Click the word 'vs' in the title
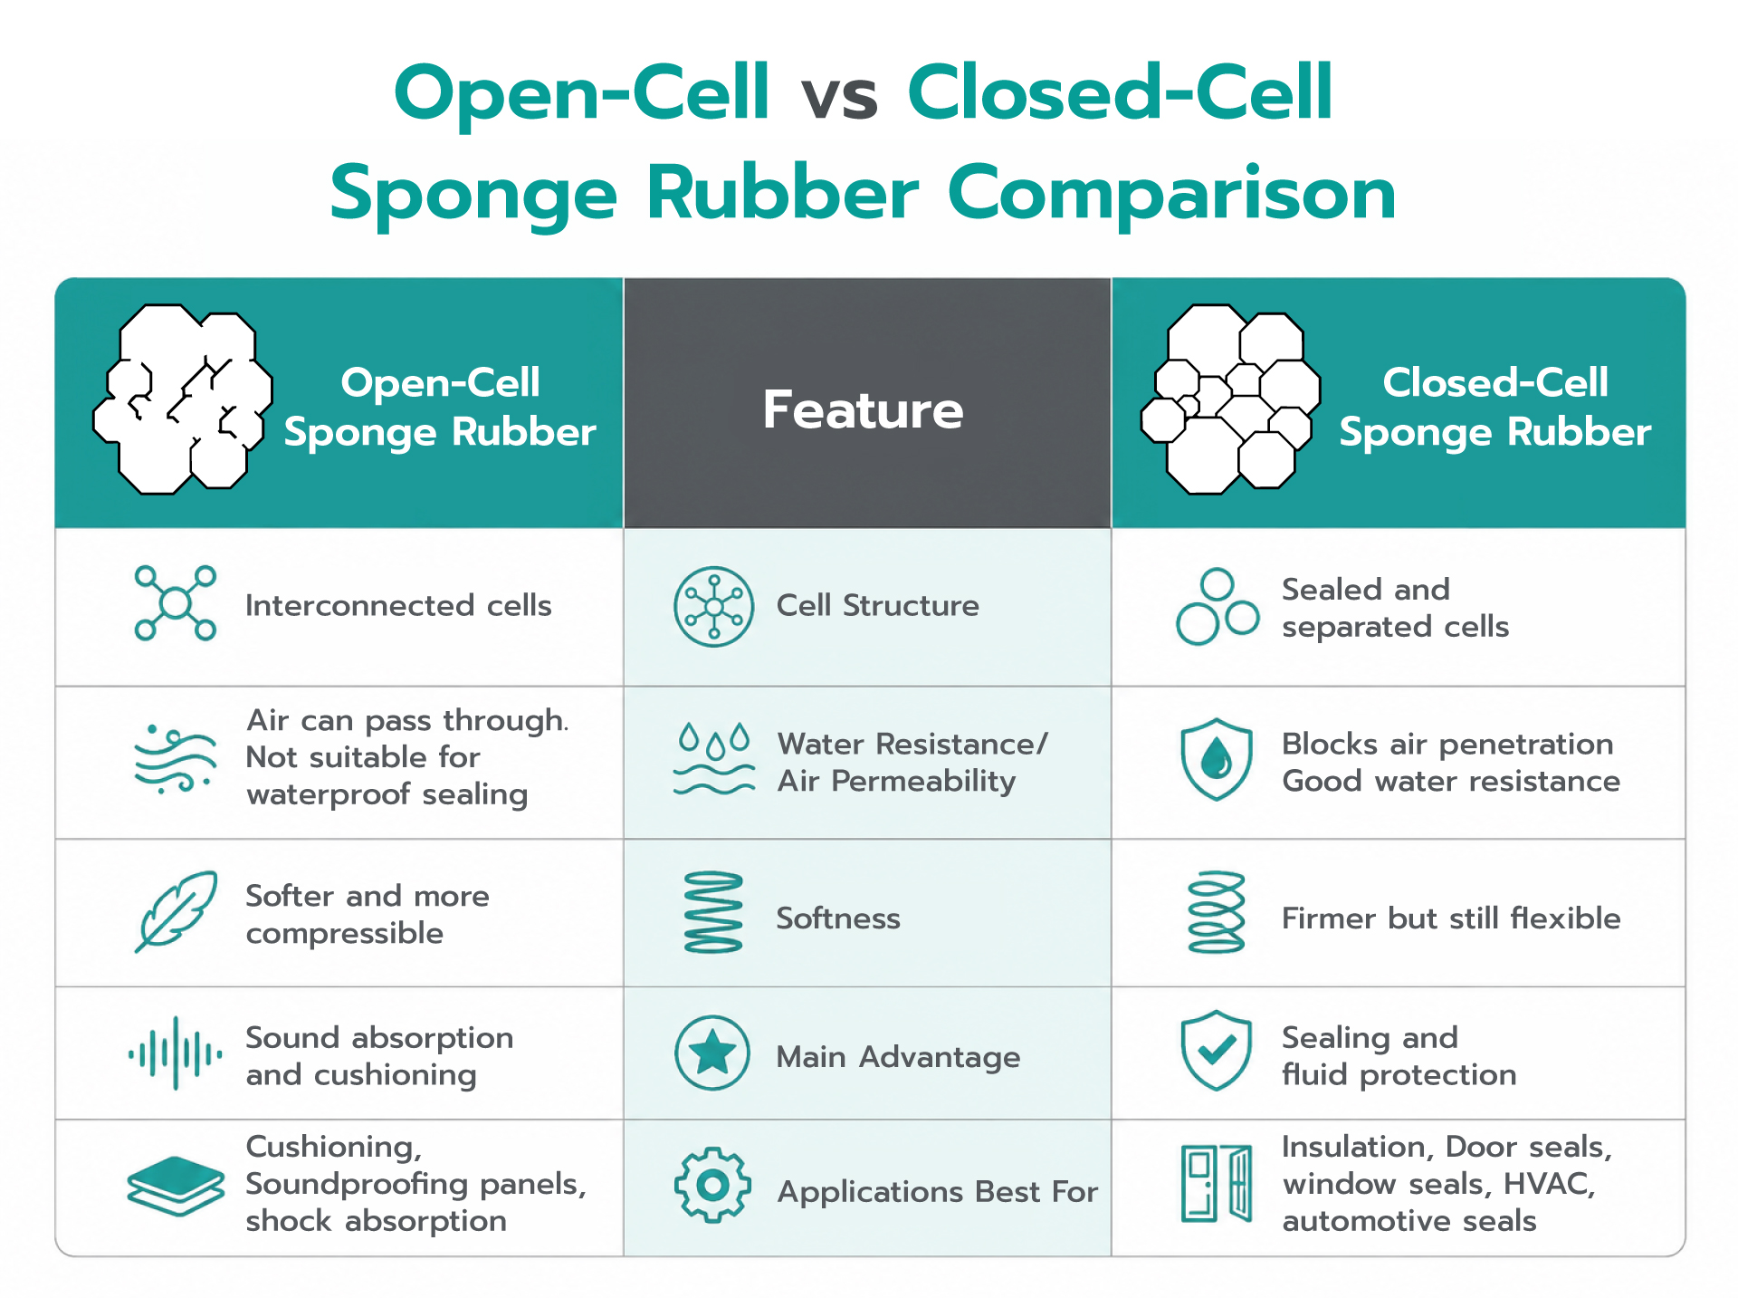839,97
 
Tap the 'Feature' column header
863,409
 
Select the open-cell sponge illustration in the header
183,399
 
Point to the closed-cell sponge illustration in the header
1230,399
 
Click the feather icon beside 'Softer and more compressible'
177,910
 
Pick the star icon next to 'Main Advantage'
712,1053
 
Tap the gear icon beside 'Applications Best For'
712,1185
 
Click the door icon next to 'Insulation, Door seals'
1217,1183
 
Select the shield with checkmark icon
1217,1051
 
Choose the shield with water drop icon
1217,759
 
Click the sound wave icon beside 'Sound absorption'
175,1053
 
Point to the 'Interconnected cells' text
398,605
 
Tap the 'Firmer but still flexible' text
1451,918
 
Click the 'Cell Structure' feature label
877,605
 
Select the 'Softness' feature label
838,918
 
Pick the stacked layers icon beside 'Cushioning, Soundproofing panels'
176,1186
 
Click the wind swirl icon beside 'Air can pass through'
176,759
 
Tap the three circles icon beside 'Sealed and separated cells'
1217,606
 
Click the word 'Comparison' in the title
1171,195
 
